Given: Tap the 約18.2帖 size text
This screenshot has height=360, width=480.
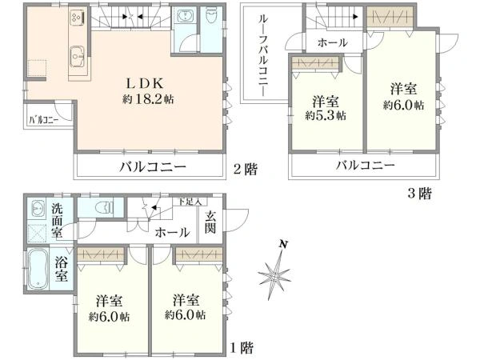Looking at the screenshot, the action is pos(148,99).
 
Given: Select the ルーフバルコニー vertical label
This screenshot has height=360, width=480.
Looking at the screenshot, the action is pos(263,56).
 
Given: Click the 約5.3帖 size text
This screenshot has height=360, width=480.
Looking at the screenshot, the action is pos(326,115).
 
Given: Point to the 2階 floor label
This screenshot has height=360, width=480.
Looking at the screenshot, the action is pos(246,169).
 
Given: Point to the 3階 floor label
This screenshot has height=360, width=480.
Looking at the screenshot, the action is pos(419,194).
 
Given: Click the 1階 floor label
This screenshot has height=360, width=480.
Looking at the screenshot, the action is pos(242,348).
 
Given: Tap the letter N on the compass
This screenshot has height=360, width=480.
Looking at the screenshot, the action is pos(284,244).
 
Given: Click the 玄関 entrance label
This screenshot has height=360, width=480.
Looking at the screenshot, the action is pos(210,222).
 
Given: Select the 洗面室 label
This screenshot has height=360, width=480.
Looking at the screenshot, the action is pos(57,221).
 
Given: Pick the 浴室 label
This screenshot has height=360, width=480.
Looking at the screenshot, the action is pos(61,270).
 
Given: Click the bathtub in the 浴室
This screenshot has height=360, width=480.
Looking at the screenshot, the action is pos(37,269).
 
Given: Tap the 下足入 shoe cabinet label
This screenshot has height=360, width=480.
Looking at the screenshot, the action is pos(190,202).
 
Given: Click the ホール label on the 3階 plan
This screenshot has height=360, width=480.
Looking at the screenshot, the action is pos(333,42).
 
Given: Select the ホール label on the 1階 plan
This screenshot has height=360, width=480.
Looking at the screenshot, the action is pos(172,233).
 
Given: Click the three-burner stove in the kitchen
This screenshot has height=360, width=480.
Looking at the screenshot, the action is pos(77,16).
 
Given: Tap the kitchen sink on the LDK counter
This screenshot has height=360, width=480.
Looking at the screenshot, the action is pos(77,56).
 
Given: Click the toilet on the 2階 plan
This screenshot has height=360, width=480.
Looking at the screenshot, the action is pos(210,16).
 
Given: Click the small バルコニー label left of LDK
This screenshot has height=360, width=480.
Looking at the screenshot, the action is pos(44,120).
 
